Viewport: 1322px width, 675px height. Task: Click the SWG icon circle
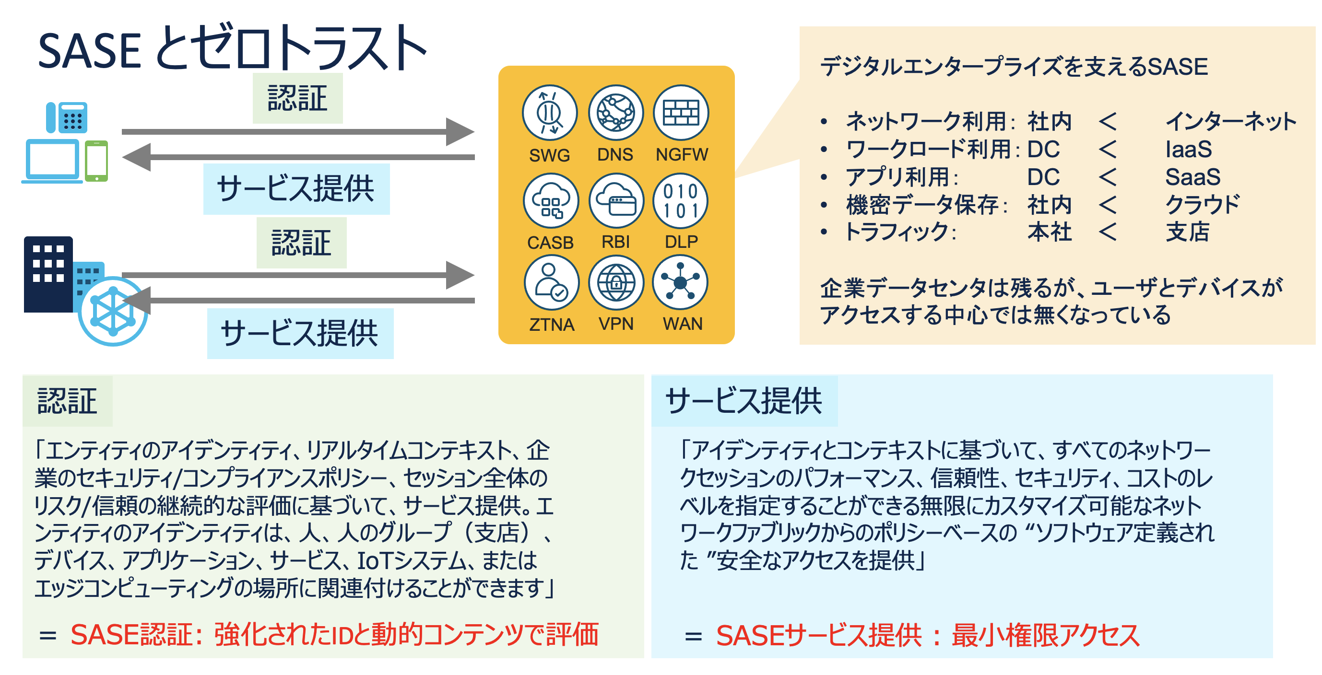(x=550, y=113)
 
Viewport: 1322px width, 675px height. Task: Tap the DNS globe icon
(x=615, y=113)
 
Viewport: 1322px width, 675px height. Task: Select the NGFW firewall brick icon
(x=681, y=113)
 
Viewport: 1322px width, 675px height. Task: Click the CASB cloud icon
(x=551, y=201)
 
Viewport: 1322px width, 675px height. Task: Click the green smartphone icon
(x=96, y=161)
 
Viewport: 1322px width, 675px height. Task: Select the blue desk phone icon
(x=67, y=117)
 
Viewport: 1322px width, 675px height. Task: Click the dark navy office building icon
(x=48, y=274)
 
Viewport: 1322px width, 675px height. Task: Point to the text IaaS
(x=1188, y=150)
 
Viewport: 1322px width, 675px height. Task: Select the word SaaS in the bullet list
(x=1192, y=177)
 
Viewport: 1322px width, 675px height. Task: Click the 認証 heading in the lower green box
(x=67, y=401)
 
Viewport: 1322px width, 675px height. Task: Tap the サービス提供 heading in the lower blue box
(x=744, y=401)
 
